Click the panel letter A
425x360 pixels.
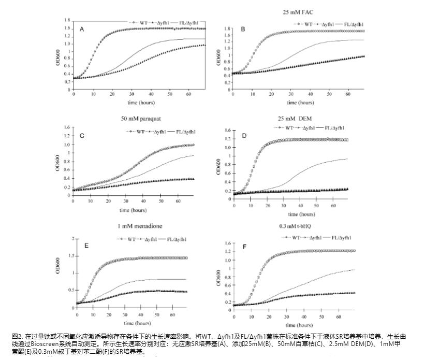pos(81,30)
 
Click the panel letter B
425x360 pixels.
pos(243,30)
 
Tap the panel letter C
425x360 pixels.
pos(82,136)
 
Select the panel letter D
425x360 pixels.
pos(244,136)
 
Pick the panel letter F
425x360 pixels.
pos(244,247)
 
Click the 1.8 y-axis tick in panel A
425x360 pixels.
pos(67,20)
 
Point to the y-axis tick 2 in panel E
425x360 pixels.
pos(74,239)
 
